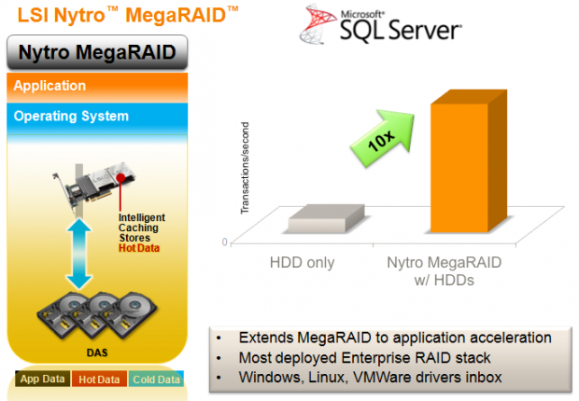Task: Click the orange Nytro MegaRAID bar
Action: [x=468, y=162]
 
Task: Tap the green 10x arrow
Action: [x=383, y=138]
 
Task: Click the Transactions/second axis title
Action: [x=245, y=168]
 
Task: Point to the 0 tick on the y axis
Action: [x=224, y=242]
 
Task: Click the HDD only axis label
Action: [x=302, y=263]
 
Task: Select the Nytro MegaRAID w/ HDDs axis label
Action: [x=445, y=271]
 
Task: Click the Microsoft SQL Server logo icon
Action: [x=313, y=24]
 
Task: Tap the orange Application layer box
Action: [x=97, y=88]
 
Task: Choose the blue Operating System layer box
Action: [x=97, y=118]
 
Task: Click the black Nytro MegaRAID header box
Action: [x=97, y=52]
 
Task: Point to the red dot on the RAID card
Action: [x=120, y=178]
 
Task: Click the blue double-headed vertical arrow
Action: [x=79, y=254]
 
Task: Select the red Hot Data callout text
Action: [x=139, y=248]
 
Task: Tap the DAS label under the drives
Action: [x=97, y=353]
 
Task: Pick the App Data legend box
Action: [x=42, y=379]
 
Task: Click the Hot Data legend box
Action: [x=99, y=379]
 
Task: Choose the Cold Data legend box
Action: [x=156, y=379]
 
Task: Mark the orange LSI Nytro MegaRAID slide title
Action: [x=128, y=16]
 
